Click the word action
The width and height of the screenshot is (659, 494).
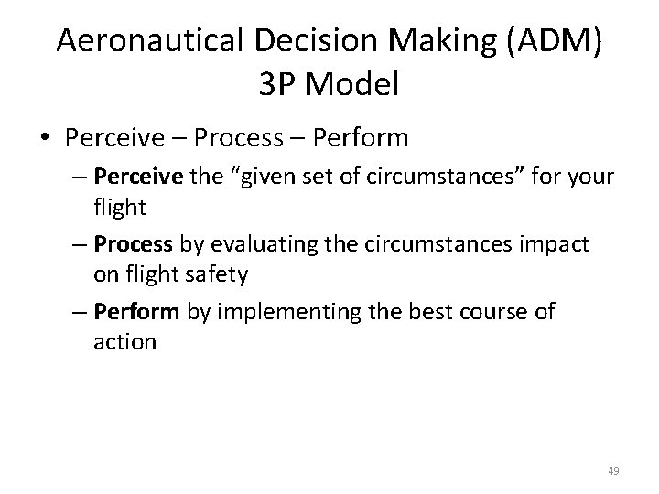[x=124, y=343]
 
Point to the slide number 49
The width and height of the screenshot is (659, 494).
[x=612, y=470]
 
